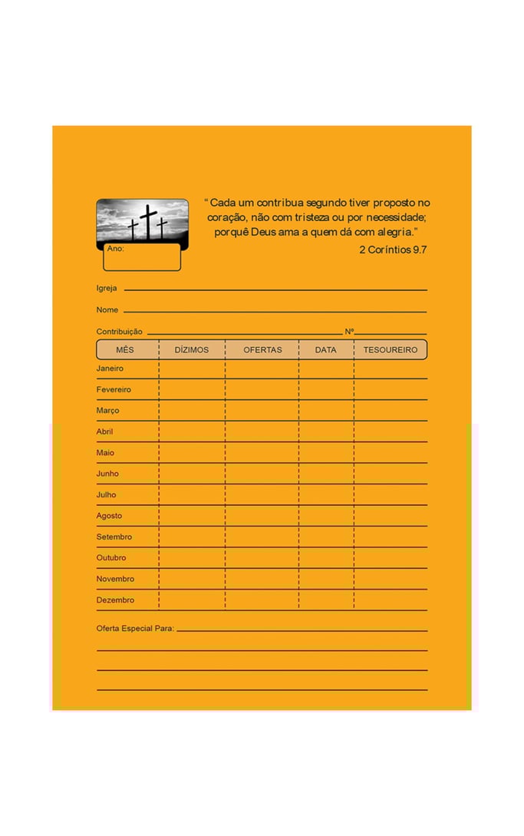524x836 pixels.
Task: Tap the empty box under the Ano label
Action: (x=142, y=259)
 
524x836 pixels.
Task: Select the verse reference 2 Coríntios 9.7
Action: (x=392, y=249)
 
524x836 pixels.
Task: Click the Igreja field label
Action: (x=107, y=289)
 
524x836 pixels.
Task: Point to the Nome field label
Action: (x=107, y=310)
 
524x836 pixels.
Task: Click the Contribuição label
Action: (x=119, y=332)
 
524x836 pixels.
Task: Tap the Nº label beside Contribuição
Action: (x=349, y=332)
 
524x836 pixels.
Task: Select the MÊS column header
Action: (x=125, y=350)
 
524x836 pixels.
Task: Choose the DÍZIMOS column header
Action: (x=192, y=350)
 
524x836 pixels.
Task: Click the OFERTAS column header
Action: (x=262, y=350)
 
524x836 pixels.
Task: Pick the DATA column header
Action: (x=325, y=350)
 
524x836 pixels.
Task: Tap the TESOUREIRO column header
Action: (x=391, y=350)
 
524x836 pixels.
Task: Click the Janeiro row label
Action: (x=110, y=368)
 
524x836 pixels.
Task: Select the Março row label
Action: (x=107, y=411)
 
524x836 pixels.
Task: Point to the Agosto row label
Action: (x=109, y=516)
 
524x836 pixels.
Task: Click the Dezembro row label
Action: (x=115, y=600)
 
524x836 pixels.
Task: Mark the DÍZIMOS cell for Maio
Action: (x=192, y=453)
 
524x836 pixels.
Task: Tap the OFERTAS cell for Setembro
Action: (x=262, y=537)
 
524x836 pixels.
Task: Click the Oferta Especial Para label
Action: (x=135, y=629)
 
